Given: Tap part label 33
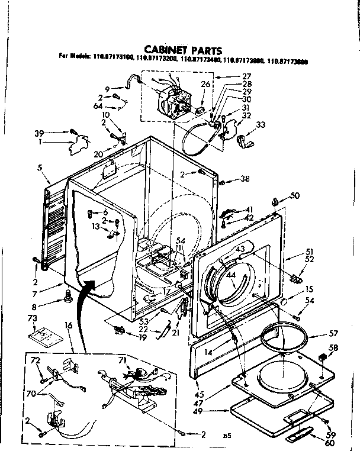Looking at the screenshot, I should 261,125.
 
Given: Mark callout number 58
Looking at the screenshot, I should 333,348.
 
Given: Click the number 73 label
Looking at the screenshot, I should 33,318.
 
